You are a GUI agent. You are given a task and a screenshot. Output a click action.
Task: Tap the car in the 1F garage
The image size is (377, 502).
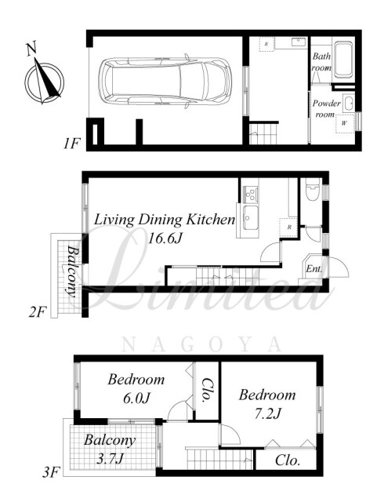[x=164, y=81]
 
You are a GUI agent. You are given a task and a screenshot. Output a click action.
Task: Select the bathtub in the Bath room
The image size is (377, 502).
[x=343, y=60]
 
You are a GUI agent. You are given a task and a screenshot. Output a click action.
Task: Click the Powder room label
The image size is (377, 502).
[x=326, y=109]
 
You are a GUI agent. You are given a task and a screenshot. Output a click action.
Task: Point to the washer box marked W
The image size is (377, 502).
[x=345, y=123]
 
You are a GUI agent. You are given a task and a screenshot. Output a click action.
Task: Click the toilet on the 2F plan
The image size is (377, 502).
[x=313, y=189]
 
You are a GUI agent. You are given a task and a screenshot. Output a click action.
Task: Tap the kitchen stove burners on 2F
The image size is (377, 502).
[x=250, y=194]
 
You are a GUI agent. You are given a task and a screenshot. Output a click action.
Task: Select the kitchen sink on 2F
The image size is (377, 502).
[x=250, y=218]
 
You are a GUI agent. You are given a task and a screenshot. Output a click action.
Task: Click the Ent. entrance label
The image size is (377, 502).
[x=314, y=268]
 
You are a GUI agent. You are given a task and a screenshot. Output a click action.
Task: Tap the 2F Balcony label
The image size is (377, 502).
[x=74, y=271]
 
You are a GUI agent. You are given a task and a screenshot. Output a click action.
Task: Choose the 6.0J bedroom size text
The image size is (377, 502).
[x=136, y=398]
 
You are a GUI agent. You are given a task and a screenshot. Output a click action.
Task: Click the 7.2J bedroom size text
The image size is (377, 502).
[x=267, y=413]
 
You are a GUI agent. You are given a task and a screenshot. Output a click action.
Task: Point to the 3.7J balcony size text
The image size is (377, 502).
[x=110, y=459]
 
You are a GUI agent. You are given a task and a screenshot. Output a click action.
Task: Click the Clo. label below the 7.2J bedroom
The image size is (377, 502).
[x=288, y=460]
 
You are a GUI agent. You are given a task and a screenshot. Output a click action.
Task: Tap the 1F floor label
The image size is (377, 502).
[x=71, y=144]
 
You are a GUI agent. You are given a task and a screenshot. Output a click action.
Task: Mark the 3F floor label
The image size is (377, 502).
[x=51, y=472]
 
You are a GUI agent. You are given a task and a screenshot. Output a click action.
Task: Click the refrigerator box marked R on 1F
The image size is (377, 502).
[x=266, y=44]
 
